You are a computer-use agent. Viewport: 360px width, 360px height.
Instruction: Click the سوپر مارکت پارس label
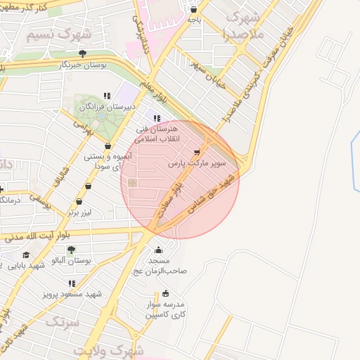[196, 162]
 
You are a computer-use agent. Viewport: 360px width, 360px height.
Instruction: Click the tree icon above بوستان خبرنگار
[83, 53]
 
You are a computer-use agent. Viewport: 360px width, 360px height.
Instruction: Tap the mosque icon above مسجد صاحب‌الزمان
[158, 250]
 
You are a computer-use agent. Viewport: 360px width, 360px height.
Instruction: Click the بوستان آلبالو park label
[70, 259]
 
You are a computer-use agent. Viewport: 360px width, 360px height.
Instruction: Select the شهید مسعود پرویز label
[72, 292]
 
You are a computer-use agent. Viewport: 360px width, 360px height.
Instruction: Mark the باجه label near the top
[194, 20]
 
